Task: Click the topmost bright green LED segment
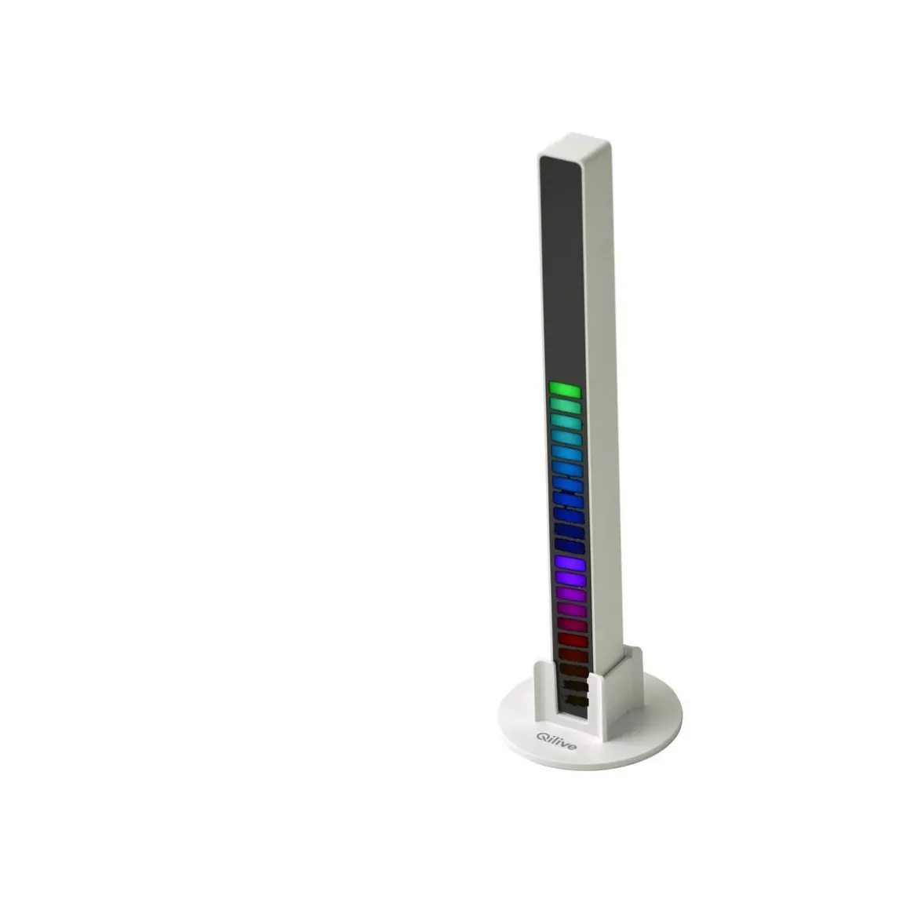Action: coord(566,390)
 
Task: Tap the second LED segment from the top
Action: coord(566,406)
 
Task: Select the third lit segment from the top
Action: coord(566,421)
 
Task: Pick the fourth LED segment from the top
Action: coord(567,438)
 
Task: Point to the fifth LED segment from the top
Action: coord(568,453)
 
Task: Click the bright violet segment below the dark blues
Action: coord(570,563)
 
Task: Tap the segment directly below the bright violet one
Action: coord(570,579)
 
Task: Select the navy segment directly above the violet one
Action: coord(570,547)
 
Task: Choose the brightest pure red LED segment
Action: coord(573,641)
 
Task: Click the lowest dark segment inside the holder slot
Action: coord(575,701)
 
